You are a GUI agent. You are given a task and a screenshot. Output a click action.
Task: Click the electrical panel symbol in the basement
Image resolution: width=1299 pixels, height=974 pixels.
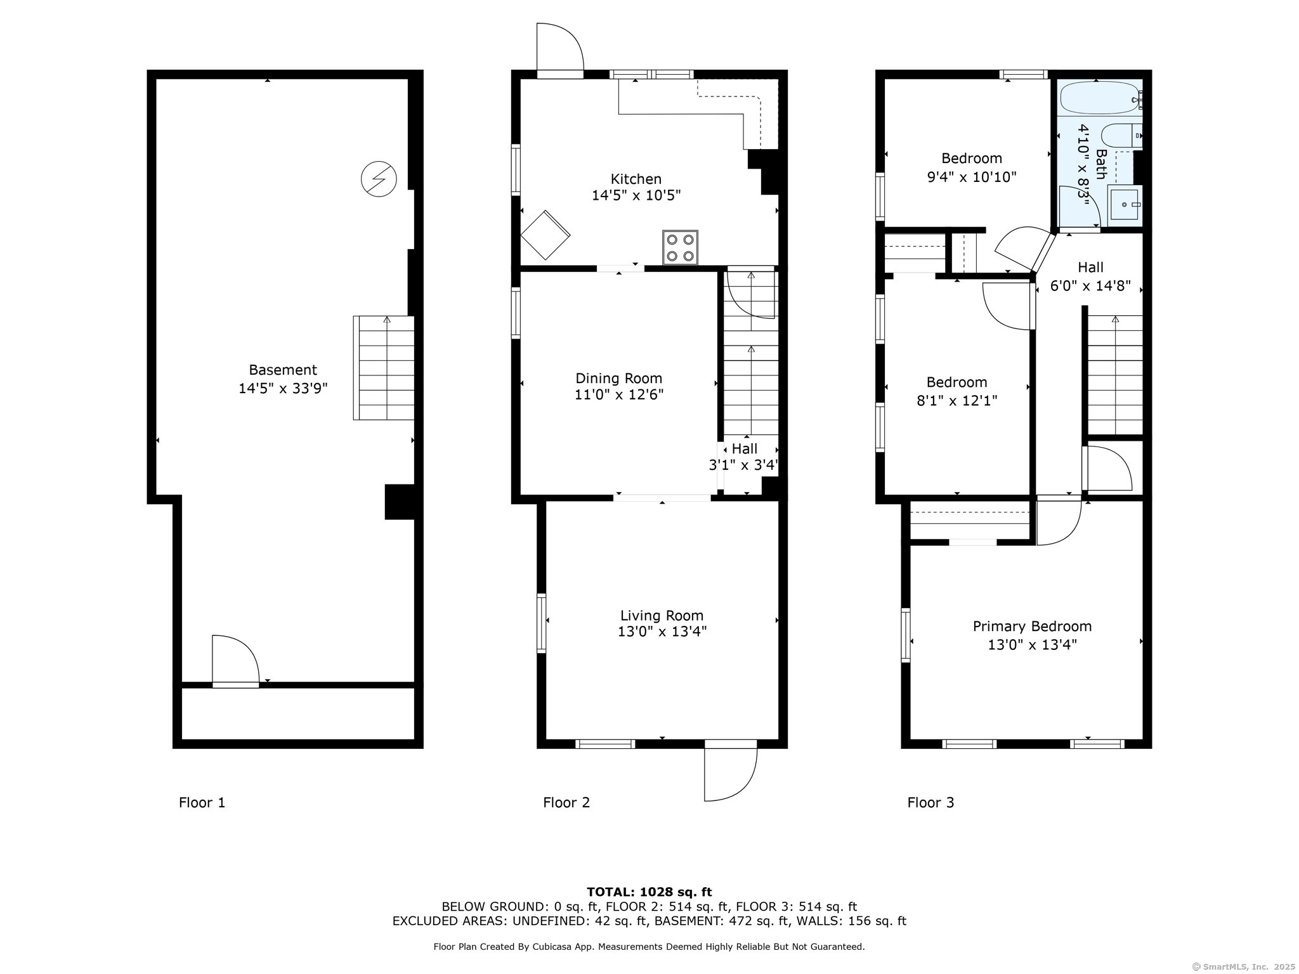click(379, 179)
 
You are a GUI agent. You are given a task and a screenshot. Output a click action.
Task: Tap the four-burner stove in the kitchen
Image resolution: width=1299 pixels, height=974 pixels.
click(680, 247)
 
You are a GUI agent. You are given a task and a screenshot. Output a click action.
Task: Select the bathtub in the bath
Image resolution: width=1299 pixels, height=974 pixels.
click(1099, 98)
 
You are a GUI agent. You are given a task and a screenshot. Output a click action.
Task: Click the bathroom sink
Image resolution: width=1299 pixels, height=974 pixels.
click(1124, 204)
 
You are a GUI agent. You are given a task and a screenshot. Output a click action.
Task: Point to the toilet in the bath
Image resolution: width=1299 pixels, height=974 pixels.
click(1119, 136)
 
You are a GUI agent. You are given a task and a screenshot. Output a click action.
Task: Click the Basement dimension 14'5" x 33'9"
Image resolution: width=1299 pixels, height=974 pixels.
click(283, 388)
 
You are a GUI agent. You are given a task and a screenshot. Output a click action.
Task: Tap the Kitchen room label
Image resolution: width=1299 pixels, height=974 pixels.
click(636, 179)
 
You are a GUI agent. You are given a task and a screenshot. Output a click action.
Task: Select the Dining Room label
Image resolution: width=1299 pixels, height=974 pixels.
click(618, 379)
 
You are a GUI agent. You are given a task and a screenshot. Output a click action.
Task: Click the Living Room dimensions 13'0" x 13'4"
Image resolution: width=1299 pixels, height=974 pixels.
click(662, 632)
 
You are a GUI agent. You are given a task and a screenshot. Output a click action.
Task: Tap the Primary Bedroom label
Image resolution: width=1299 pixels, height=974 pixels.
click(1032, 627)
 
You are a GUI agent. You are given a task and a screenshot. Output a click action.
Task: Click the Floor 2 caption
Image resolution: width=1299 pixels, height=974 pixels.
click(566, 803)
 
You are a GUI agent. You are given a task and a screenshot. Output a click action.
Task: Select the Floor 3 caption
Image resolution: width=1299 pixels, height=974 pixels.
click(930, 803)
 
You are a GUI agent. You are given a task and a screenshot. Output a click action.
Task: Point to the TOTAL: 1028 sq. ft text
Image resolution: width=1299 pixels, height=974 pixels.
click(649, 892)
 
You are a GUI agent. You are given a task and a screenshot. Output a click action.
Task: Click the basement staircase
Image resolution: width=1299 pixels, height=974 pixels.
click(384, 368)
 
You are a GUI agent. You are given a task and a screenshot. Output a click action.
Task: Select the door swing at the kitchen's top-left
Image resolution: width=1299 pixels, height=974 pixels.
click(558, 49)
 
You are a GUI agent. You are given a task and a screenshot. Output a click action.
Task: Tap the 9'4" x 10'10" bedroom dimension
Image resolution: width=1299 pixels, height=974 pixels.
click(971, 177)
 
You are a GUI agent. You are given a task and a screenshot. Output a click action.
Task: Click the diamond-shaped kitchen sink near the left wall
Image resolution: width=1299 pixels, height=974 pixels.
click(545, 235)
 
